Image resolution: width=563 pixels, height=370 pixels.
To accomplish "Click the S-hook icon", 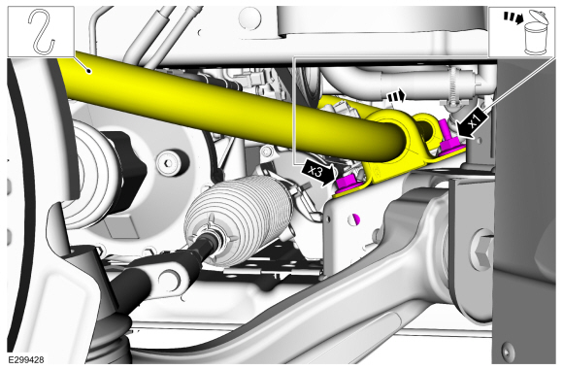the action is (42, 32).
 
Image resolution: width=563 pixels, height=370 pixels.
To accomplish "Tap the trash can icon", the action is (536, 33).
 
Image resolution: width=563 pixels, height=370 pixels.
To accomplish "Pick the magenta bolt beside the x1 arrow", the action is (448, 141).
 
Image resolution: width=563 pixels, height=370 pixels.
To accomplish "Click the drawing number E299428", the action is (26, 359).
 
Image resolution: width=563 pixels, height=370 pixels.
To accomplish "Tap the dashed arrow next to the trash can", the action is (513, 17).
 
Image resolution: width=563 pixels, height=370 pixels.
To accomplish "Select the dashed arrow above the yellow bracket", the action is (396, 96).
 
